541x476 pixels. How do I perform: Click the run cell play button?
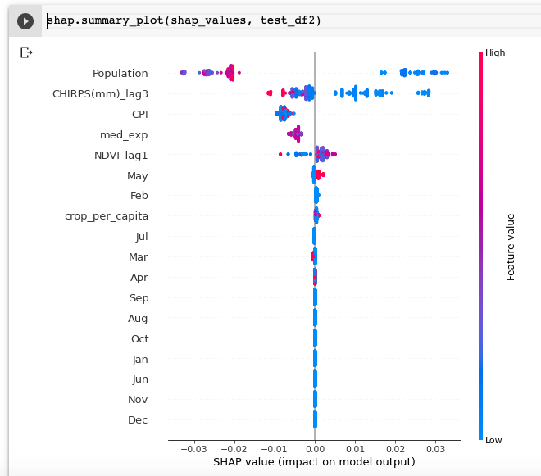25,21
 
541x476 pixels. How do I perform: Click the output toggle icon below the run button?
26,52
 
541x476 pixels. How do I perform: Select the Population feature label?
120,73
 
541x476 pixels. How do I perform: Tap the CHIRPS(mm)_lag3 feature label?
100,93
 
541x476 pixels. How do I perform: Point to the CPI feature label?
139,114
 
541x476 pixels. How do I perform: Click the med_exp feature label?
124,134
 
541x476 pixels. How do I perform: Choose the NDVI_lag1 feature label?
121,155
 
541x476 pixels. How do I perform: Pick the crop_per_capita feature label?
107,216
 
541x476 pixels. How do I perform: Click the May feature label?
137,175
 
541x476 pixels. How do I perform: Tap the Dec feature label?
138,420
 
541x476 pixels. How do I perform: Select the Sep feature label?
139,298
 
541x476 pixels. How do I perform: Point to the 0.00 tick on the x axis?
315,449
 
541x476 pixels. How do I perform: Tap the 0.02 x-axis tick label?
395,449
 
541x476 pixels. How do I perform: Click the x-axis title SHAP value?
314,462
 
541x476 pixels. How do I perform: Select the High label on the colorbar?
495,52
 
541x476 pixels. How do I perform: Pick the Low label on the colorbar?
493,441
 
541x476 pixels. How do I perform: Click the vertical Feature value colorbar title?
511,247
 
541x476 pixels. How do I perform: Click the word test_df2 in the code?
290,20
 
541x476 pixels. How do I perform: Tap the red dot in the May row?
322,175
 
